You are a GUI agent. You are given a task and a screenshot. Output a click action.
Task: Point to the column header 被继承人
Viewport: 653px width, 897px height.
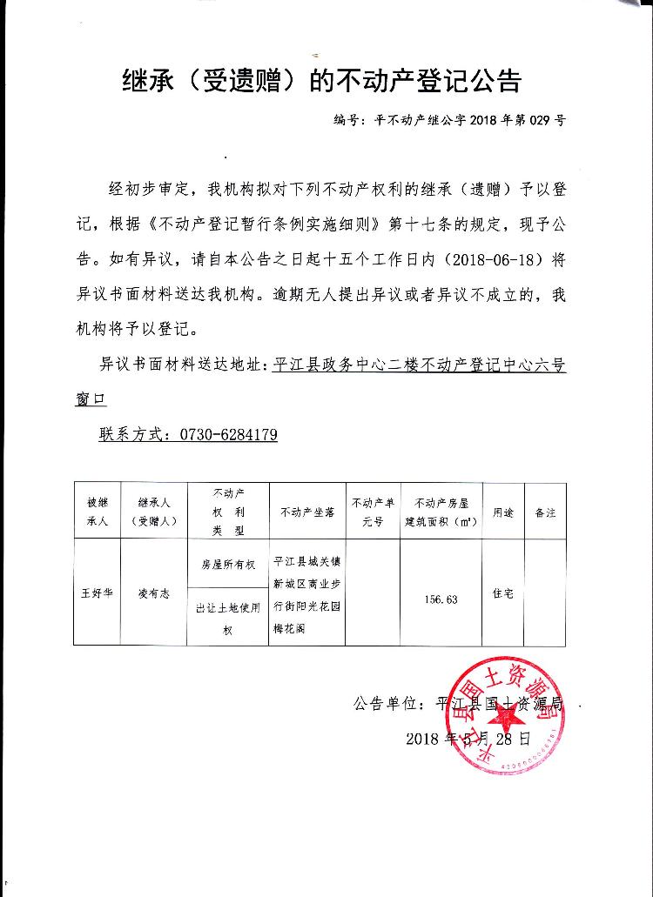click(97, 512)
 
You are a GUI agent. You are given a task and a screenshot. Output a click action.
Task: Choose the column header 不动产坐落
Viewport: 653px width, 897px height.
click(307, 512)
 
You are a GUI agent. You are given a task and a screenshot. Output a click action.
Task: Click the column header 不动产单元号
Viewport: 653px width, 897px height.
click(374, 512)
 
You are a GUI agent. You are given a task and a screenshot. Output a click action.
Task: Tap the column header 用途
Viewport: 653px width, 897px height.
click(503, 512)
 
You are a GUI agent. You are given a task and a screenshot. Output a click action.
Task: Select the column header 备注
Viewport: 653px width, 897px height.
click(545, 512)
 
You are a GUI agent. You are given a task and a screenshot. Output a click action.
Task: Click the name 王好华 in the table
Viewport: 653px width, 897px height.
click(97, 593)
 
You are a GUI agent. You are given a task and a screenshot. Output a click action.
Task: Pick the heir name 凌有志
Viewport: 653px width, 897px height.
click(153, 593)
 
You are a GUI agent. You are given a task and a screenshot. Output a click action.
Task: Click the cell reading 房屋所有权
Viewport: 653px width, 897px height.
click(228, 565)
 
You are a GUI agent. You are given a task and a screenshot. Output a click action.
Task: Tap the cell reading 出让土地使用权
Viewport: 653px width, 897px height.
click(228, 619)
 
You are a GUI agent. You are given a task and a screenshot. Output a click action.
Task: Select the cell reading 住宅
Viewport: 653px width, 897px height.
click(503, 593)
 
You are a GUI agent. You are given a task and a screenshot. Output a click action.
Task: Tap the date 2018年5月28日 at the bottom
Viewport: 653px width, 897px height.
click(468, 739)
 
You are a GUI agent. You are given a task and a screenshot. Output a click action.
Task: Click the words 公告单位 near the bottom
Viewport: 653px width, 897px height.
click(386, 704)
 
